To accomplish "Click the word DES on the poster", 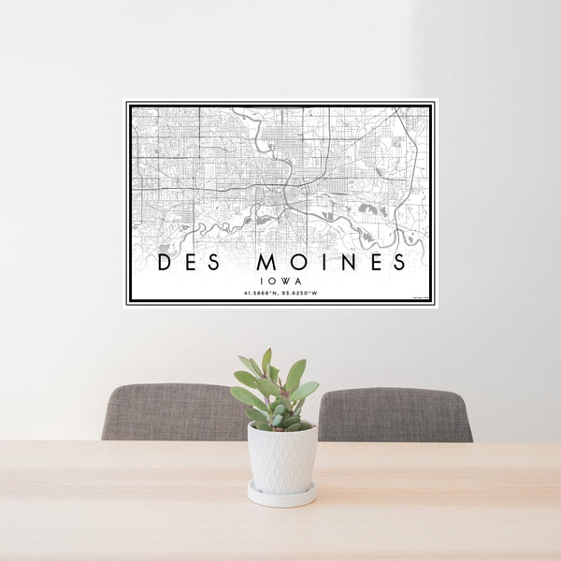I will coord(185,262).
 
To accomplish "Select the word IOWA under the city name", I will coord(280,280).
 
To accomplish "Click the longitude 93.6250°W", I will coord(300,293).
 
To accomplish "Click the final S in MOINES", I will coord(399,262).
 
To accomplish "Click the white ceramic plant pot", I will coord(281,458).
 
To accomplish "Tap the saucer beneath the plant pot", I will coord(281,496).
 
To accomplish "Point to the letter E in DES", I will coord(186,262).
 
